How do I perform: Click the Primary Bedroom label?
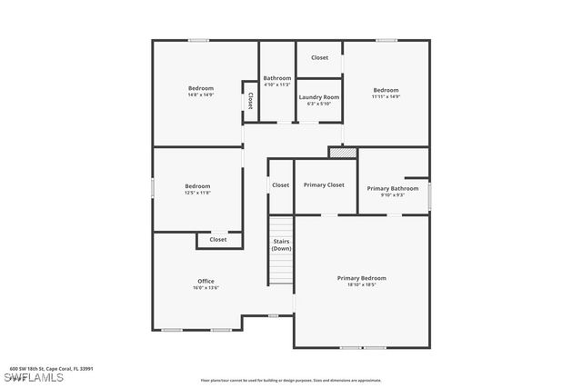tap(361, 278)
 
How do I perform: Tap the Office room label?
tap(206, 281)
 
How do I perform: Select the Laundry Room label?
tap(319, 97)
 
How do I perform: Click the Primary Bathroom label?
tap(392, 188)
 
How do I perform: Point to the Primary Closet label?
tap(324, 184)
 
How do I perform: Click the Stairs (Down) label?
tap(281, 244)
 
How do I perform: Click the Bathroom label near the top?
tap(277, 78)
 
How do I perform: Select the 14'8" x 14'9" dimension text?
tap(201, 95)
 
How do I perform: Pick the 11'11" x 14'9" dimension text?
tap(386, 96)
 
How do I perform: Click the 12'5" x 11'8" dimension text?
tap(197, 193)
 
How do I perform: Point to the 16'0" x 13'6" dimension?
tap(206, 288)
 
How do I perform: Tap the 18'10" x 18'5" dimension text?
tap(361, 285)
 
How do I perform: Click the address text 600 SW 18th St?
tap(51, 369)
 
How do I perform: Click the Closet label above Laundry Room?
tap(319, 57)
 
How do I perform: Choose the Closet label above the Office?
tap(218, 240)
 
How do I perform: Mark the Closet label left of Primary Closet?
tap(281, 184)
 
